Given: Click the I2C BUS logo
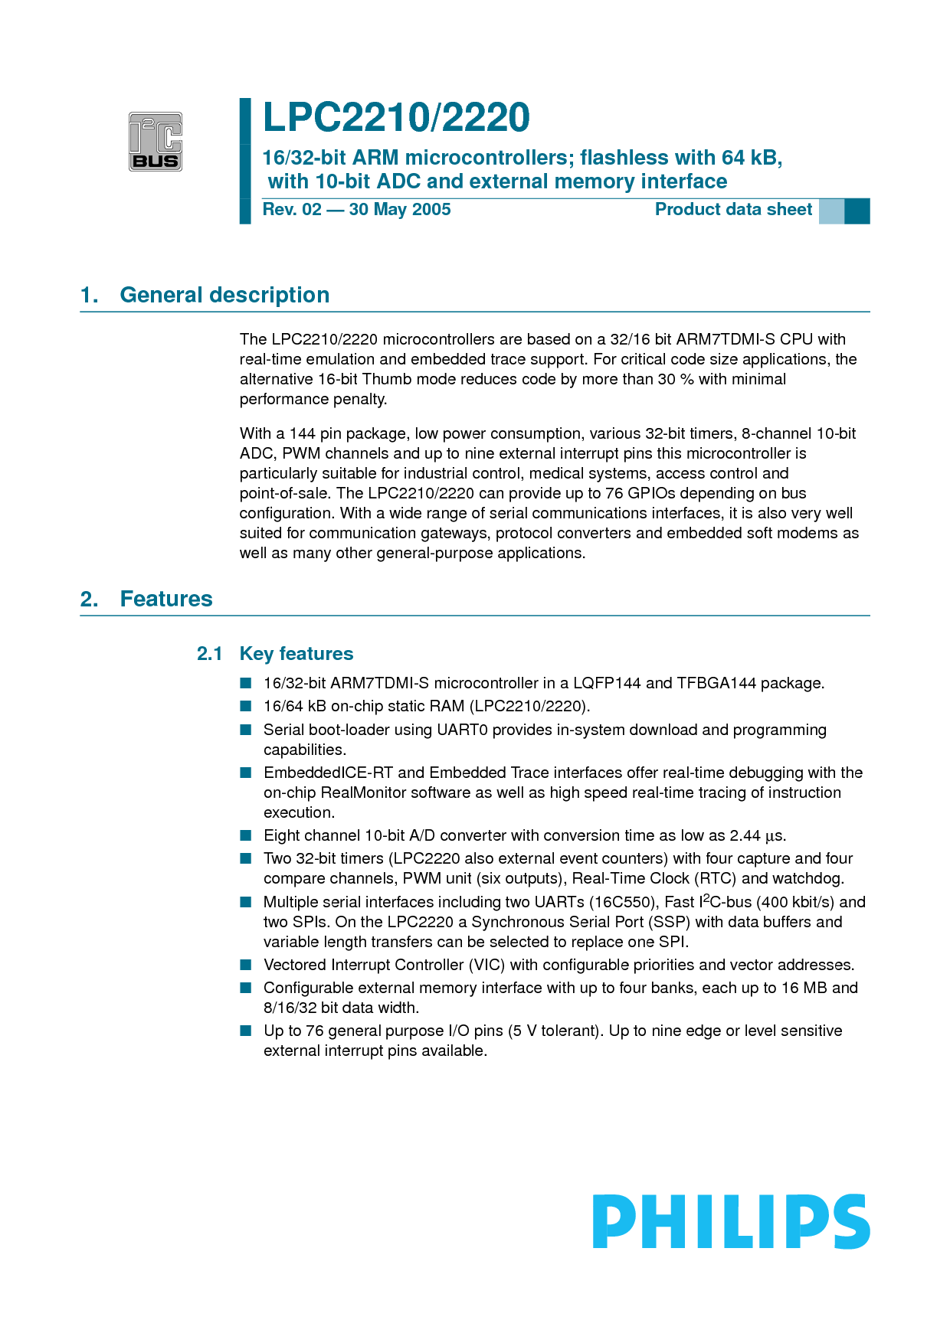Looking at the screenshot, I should coord(156,142).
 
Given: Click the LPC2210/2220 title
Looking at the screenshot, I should coord(396,118).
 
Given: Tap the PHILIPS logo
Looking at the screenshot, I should coord(731,1222).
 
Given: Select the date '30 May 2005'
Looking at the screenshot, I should coord(400,210).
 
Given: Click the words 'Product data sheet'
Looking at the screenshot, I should coord(733,210).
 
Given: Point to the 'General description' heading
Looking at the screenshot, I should coord(224,296).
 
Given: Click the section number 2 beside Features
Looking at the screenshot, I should coord(89,600).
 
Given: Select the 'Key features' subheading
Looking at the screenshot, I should coord(296,654).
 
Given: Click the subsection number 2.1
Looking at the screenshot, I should coord(209,654).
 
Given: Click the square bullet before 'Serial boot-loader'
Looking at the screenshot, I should coord(246,729).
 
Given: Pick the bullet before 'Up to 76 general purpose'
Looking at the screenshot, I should coord(246,1031).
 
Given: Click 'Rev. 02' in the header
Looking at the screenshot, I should coord(292,210).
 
